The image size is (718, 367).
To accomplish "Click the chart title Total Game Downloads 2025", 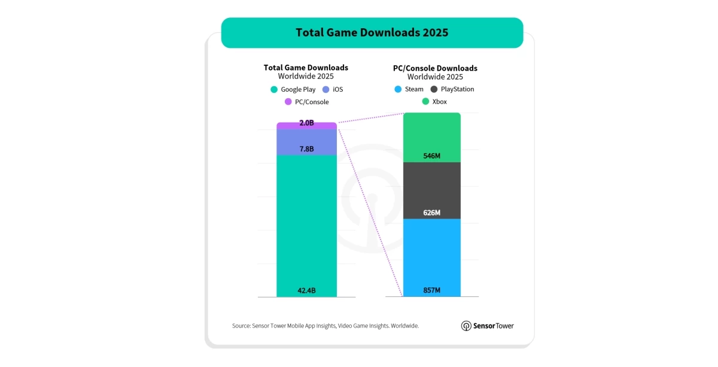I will [372, 32].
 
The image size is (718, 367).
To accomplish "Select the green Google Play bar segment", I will [306, 228].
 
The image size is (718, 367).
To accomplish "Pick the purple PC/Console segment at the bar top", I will [306, 125].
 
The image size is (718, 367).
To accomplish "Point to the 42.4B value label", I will [306, 291].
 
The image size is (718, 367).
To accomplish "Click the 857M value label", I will [431, 290].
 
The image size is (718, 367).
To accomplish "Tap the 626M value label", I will [431, 213].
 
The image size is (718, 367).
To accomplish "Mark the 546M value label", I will [431, 156].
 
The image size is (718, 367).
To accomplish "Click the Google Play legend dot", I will [274, 90].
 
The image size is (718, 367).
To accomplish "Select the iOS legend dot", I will [325, 90].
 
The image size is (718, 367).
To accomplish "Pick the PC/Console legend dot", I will [288, 102].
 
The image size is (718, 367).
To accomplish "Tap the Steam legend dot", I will [398, 89].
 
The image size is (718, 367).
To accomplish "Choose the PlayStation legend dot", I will [433, 89].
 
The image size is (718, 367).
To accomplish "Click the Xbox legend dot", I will [425, 102].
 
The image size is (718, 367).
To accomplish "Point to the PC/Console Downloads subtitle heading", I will [435, 68].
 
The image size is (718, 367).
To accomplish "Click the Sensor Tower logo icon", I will [466, 326].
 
